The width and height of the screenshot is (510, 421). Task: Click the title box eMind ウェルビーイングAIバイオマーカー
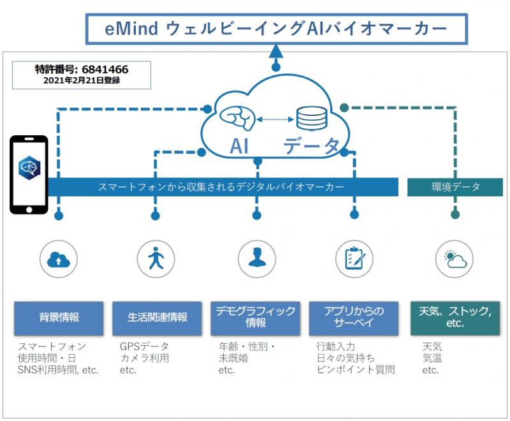coord(277,29)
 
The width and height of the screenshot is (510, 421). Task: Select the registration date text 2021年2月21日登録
coord(81,80)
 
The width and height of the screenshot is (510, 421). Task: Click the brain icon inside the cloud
coord(237,117)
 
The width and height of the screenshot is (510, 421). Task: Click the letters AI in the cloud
coord(239,146)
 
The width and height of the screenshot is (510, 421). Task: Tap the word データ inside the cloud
coord(312,146)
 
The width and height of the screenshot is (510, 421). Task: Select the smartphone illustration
coord(29,174)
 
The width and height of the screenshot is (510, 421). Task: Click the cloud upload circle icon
coord(59,259)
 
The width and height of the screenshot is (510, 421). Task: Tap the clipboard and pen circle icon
coord(354,259)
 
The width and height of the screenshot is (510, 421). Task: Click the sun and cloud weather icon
coord(455,259)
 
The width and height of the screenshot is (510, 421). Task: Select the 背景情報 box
coord(59,317)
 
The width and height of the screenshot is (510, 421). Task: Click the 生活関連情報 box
coord(157,317)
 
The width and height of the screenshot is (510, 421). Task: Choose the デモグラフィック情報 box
coord(256,317)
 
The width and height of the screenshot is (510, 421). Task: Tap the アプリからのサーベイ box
coord(354,317)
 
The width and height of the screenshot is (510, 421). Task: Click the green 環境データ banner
coord(455,187)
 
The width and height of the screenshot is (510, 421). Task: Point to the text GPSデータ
coord(144,346)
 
